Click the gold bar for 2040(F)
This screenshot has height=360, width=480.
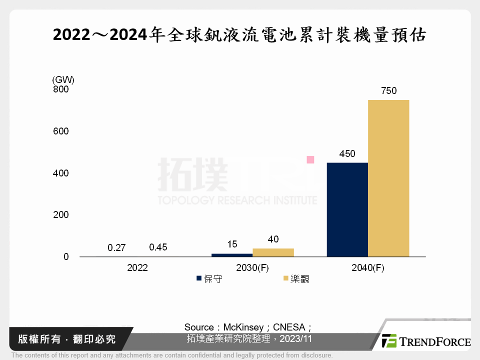388,178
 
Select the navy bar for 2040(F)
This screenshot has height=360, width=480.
347,209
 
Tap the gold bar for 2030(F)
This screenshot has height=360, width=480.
273,252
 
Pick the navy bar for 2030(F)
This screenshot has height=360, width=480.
232,255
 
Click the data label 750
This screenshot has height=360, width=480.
388,91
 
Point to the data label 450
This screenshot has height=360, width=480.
347,154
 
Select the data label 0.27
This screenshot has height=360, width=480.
116,247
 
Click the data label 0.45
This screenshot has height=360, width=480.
158,247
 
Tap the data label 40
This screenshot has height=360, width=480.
273,239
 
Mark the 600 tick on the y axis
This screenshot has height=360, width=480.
61,131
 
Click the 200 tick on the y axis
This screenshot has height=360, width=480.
61,215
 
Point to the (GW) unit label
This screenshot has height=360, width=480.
63,79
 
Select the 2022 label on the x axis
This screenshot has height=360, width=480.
137,268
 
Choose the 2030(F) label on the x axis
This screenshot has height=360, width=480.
252,268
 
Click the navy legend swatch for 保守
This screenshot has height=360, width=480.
199,278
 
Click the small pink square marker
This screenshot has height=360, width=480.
310,160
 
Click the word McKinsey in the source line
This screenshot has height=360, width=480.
243,327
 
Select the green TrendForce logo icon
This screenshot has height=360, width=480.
389,341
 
